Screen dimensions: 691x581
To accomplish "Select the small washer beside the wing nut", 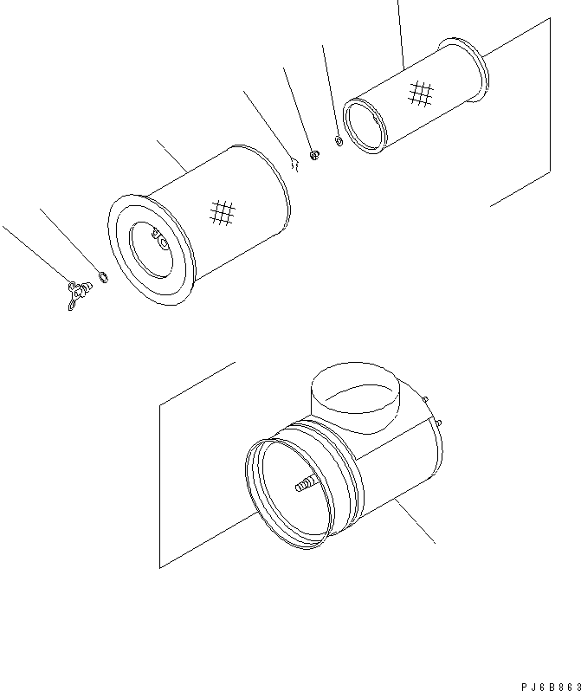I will [x=103, y=278].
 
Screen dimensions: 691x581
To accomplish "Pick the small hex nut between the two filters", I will [x=315, y=154].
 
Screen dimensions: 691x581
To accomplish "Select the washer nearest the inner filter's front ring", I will [x=339, y=140].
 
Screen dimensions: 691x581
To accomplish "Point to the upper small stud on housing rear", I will [x=427, y=399].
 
